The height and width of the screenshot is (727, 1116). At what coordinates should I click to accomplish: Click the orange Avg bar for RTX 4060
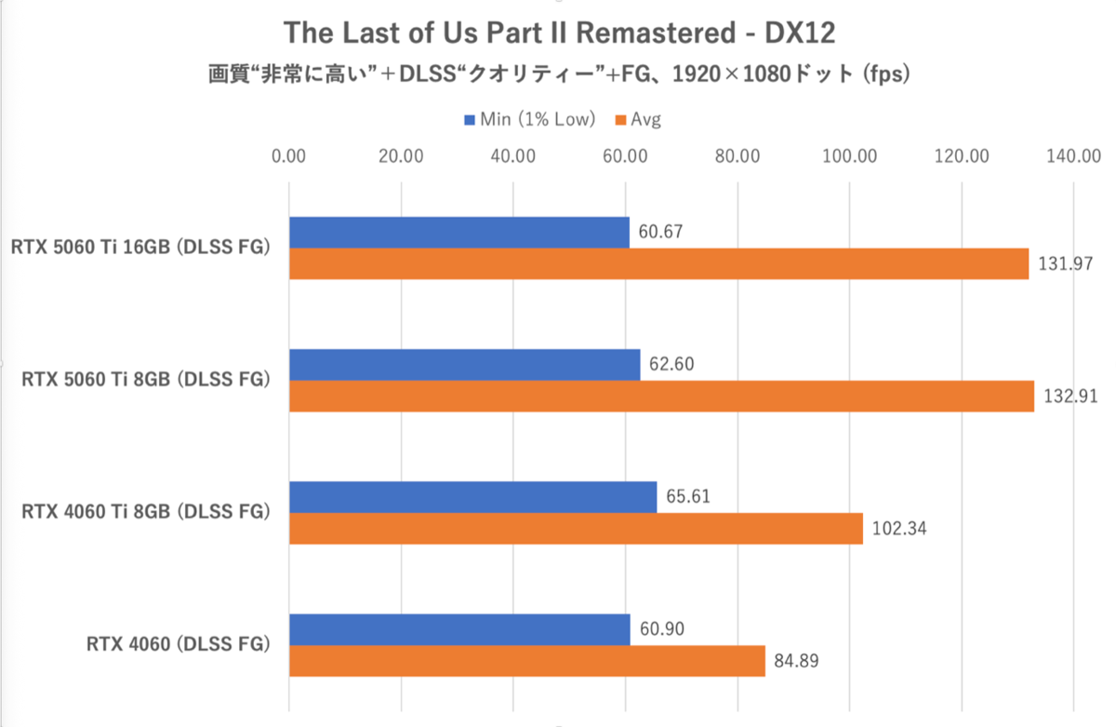pos(526,662)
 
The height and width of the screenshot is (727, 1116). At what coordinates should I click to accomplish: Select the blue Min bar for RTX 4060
pos(459,630)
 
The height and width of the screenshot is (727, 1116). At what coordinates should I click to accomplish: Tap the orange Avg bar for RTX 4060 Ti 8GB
pos(576,529)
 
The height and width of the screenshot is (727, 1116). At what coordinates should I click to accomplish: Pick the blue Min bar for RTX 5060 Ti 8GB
pos(465,365)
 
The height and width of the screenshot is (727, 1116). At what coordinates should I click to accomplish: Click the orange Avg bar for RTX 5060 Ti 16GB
pos(658,263)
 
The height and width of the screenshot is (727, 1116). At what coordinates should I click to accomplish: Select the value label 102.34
pos(899,530)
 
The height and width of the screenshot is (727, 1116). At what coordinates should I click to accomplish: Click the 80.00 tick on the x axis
pos(737,156)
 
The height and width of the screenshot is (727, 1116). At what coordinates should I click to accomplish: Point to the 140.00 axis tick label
pos(1072,156)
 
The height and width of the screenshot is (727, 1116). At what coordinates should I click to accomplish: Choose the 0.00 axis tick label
pos(289,156)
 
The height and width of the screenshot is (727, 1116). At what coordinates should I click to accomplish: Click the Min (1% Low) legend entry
pos(529,119)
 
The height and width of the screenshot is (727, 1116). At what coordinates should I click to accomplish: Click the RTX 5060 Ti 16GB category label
pos(140,248)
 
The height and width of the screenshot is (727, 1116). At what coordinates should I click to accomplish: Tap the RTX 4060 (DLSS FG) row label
pos(179,644)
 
